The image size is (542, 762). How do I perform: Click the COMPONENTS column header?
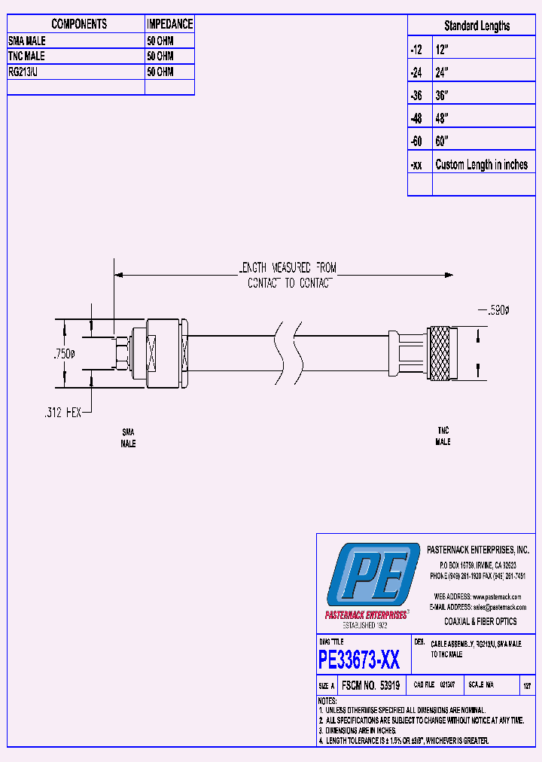(x=79, y=24)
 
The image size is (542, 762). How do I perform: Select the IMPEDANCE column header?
(x=169, y=24)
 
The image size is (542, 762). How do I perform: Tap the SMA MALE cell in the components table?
(x=26, y=41)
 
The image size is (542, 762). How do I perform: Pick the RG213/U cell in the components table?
(x=27, y=72)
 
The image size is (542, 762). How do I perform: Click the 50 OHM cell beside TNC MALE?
(x=160, y=56)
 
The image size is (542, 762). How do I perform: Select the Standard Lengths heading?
(x=477, y=26)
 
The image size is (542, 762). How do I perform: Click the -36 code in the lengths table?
(x=416, y=96)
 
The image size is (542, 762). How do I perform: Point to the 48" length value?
(x=442, y=118)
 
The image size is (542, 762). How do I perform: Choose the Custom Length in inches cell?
(x=482, y=165)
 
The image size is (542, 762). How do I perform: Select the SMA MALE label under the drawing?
(x=128, y=437)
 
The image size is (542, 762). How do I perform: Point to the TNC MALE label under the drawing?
(x=443, y=436)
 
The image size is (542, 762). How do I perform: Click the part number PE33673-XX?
(x=359, y=660)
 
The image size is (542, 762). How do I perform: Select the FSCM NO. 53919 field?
(x=370, y=686)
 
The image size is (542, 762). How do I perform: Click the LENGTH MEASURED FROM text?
(x=288, y=267)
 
